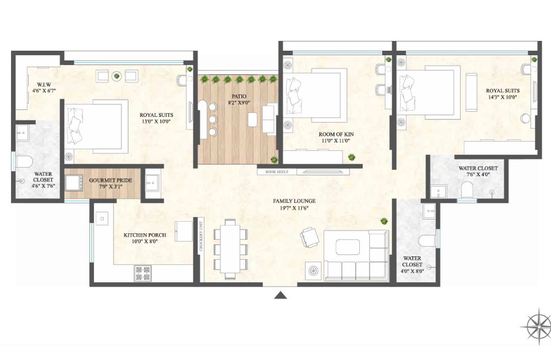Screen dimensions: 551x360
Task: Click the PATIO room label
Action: click(239, 96)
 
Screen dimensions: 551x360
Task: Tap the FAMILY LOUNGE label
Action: click(294, 201)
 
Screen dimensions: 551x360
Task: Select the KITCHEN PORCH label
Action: click(145, 235)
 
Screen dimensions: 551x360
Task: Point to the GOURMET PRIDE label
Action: click(111, 180)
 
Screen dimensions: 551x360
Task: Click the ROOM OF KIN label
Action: click(336, 134)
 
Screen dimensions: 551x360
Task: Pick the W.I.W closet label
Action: click(44, 85)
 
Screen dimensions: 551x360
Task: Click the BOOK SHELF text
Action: click(276, 172)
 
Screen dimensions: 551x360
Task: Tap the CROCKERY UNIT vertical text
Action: click(201, 236)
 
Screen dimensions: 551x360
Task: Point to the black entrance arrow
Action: click(280, 295)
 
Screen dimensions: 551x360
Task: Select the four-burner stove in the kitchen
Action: click(143, 273)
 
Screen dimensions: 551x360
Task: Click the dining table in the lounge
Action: click(230, 248)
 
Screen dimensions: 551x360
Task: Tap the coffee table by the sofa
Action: click(348, 247)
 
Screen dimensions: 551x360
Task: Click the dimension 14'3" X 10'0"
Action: click(503, 97)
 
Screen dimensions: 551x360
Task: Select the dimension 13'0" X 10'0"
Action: click(156, 122)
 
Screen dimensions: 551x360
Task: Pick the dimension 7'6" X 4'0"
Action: click(478, 175)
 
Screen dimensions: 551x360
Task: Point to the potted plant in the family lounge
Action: click(384, 221)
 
